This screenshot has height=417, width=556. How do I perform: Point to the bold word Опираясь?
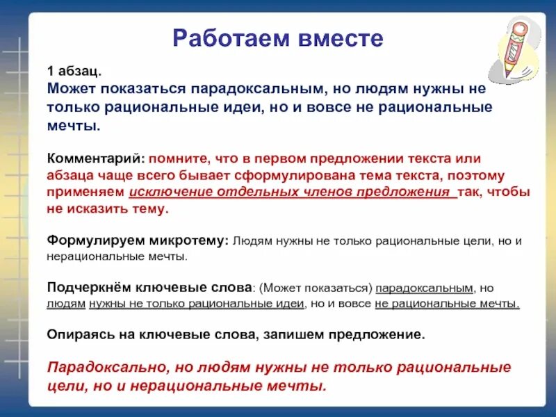coord(77,334)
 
